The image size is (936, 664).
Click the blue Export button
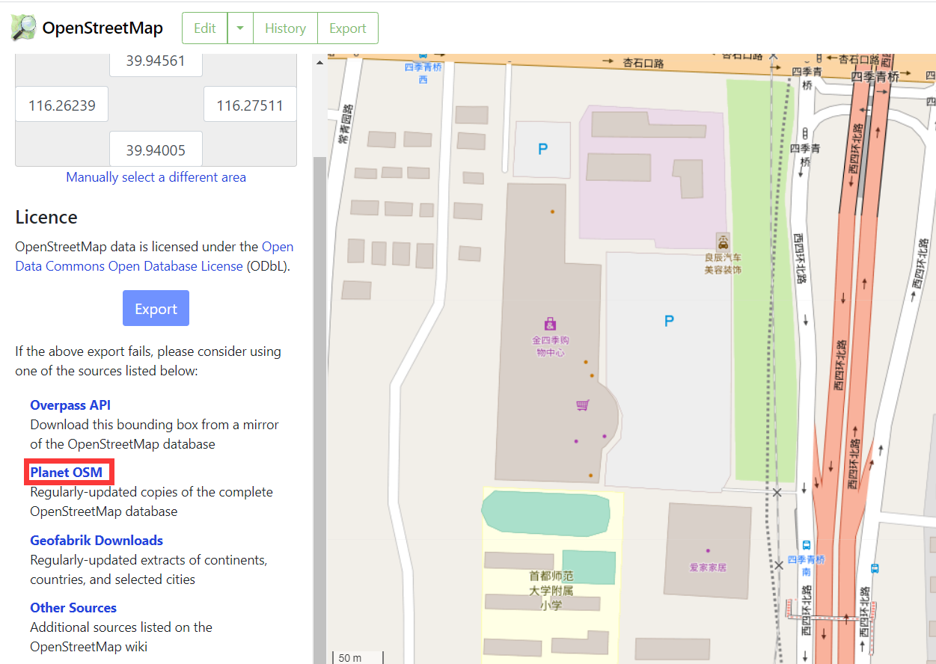click(156, 309)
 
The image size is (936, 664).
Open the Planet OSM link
click(66, 472)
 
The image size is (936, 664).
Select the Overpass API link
click(70, 405)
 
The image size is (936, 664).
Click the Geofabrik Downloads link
click(97, 540)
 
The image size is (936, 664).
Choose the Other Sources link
click(73, 607)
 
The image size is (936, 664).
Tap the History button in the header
click(285, 28)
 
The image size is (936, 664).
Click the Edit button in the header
click(204, 28)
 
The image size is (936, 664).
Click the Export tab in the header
click(348, 28)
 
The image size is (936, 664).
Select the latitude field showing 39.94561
click(156, 61)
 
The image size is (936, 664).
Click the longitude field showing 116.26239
click(62, 105)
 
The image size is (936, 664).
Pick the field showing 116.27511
click(250, 105)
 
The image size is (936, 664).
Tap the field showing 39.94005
click(156, 150)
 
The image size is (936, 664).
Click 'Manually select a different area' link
click(156, 177)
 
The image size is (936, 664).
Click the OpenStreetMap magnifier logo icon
click(23, 28)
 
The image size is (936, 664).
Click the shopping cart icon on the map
click(583, 405)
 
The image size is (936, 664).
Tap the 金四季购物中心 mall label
click(551, 345)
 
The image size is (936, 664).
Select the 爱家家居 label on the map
click(708, 567)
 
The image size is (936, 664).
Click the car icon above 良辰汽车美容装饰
click(723, 242)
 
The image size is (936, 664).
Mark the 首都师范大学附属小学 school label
click(551, 591)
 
